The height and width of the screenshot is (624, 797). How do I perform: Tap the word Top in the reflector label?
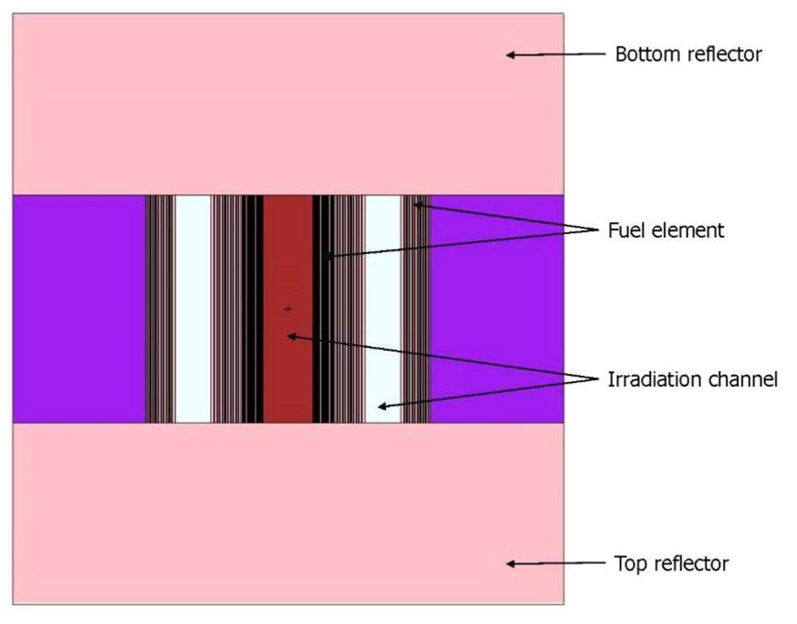point(629,564)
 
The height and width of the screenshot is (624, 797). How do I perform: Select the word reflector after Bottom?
point(722,55)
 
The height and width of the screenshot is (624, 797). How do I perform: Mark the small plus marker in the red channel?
point(287,309)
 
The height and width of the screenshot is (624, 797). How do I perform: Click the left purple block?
point(78,309)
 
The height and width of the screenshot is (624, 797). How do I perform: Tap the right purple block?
point(497,309)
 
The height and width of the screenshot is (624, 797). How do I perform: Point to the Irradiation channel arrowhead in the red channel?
point(291,336)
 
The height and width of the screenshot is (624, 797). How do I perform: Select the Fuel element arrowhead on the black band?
point(327,256)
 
